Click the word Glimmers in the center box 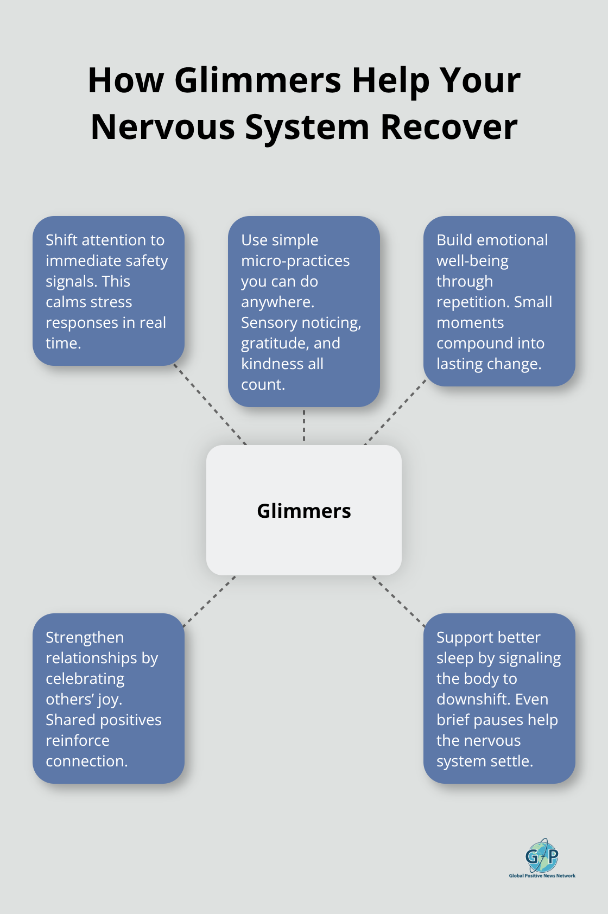coord(303,511)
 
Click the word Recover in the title coord(448,127)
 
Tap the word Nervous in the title coord(163,127)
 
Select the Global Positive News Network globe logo coord(542,855)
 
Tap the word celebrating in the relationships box coord(85,679)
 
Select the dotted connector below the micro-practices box coord(304,426)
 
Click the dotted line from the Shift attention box coord(211,404)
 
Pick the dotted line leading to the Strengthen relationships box coord(210,601)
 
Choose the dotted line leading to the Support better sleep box coord(398,601)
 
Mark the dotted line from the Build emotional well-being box coord(395,412)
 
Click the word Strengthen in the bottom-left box coord(85,638)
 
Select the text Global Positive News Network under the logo coord(542,875)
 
